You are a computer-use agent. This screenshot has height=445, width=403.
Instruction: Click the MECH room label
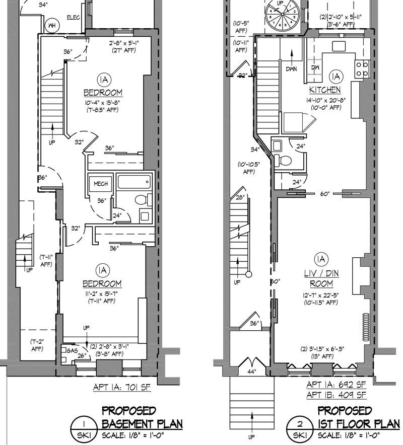(101, 184)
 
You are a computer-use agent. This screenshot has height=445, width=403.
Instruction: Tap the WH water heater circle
(51, 25)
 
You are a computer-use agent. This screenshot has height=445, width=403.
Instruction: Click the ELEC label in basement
(74, 18)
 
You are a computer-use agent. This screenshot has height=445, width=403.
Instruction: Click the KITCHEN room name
(325, 91)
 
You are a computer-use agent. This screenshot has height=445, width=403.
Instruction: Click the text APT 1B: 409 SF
(336, 394)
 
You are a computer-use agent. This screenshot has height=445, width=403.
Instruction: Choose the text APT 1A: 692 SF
(336, 385)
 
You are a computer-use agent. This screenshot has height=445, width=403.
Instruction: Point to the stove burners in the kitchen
(362, 68)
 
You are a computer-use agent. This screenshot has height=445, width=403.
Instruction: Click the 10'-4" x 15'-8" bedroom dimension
(103, 103)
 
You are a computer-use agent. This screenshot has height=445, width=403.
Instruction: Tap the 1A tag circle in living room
(320, 260)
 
